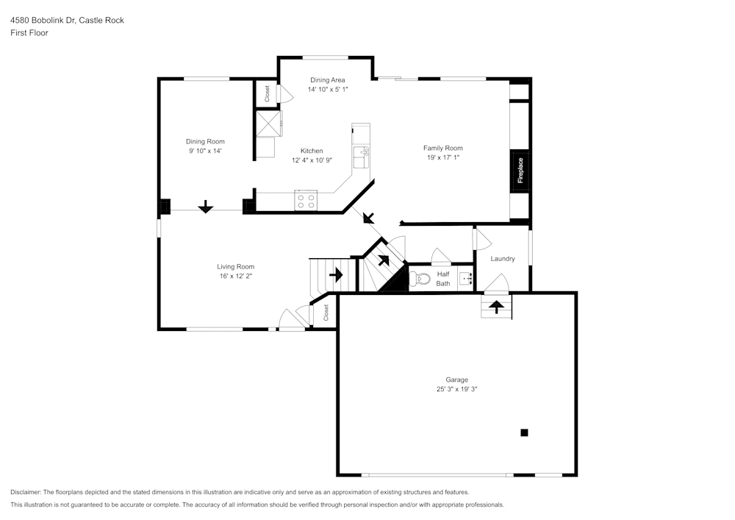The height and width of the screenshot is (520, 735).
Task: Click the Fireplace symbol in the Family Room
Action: coord(520,171)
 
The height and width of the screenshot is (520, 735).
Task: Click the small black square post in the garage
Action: coord(524,432)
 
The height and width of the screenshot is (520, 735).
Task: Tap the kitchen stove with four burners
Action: coord(305,200)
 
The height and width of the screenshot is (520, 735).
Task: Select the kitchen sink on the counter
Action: coord(360,157)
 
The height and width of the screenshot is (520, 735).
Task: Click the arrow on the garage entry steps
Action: coord(497,305)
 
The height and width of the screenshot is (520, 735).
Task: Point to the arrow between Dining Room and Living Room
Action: coord(205,207)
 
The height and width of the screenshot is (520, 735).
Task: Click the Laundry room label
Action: coord(503,259)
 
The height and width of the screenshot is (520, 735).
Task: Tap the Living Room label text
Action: coord(235,266)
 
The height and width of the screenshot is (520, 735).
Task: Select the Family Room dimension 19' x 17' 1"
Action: coord(442,157)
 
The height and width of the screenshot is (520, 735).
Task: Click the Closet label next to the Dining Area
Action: coord(267,93)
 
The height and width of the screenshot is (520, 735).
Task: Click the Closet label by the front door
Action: coord(326,313)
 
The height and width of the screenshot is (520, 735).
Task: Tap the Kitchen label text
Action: coord(312,151)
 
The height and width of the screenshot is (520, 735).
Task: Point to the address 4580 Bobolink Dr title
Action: coord(67,20)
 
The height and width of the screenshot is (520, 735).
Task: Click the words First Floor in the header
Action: coord(29,33)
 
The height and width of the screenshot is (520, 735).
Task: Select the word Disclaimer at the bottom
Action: coord(26,492)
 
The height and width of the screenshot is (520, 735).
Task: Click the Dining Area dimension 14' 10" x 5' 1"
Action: coord(327,89)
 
